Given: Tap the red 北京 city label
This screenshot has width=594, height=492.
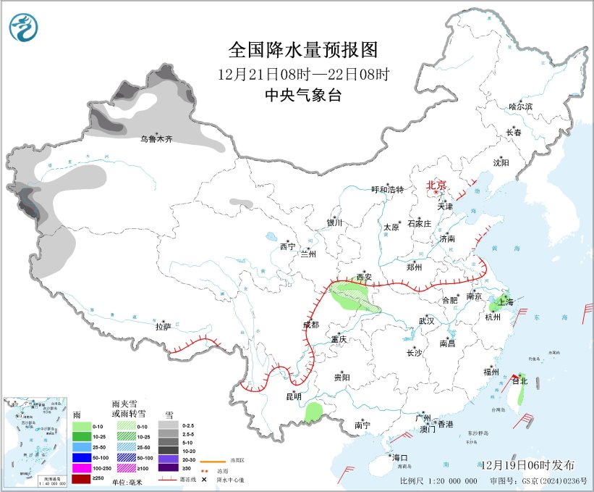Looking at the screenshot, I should tap(436, 185).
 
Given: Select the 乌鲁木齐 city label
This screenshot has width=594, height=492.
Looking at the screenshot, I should tap(157, 138).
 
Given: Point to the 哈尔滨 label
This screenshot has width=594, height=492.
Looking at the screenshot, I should tap(519, 107).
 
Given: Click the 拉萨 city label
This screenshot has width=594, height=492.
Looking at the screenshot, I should tap(164, 327).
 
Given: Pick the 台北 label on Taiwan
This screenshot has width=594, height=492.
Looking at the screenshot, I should tap(519, 380).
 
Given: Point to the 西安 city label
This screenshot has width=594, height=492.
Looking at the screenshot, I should tap(365, 278).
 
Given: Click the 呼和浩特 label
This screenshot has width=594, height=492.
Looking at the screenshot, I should tap(387, 189).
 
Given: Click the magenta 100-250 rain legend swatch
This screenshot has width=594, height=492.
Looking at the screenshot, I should tap(82, 468).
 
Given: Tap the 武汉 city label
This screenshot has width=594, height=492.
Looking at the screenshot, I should tap(426, 321).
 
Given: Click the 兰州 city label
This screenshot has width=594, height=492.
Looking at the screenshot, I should tap(308, 254).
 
